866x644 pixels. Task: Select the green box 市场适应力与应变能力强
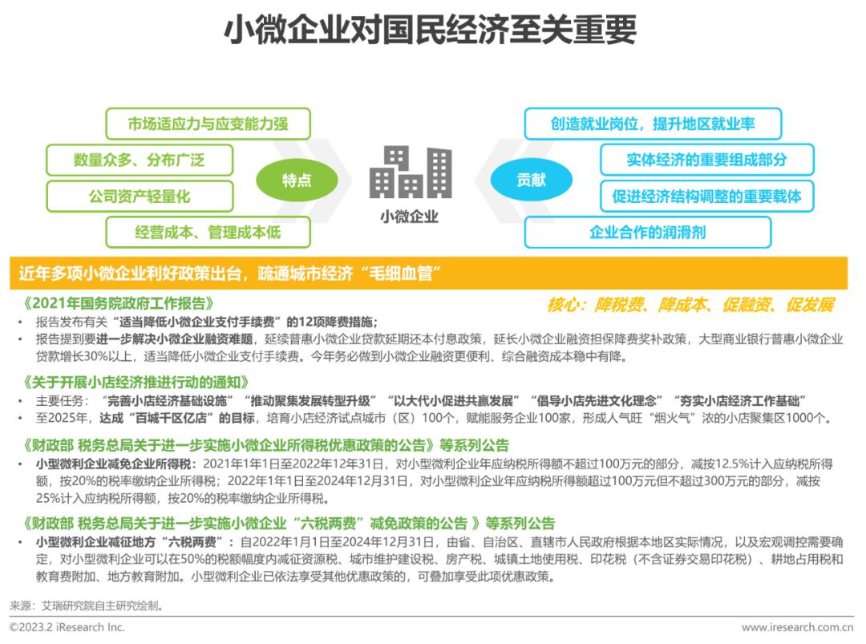208,124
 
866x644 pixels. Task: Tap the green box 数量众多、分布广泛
140,160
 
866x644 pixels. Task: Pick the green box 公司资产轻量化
140,196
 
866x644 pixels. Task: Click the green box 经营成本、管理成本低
208,232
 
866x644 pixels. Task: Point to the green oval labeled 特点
297,180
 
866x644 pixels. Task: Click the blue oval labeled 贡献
530,180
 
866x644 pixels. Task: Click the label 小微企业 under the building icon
410,217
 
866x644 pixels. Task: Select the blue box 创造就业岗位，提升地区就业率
652,124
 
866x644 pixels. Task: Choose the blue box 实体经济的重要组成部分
706,160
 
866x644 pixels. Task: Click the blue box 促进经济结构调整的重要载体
706,196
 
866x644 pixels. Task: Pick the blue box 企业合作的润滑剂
647,232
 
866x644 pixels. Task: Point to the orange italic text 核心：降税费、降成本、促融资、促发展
690,305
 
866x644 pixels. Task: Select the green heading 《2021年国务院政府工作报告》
119,304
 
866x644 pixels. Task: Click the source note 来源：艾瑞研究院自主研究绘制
87,606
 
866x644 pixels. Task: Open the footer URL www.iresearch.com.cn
796,627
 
